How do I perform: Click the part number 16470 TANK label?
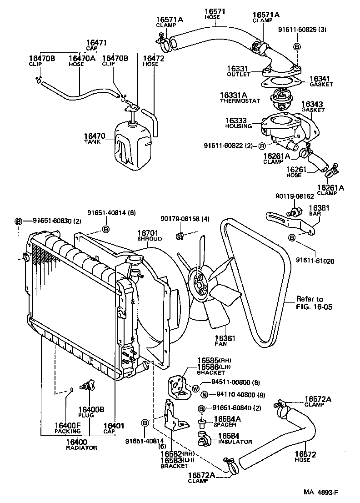point(94,138)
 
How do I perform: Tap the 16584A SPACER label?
point(227,421)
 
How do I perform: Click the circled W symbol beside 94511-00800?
point(195,388)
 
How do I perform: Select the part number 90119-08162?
point(294,197)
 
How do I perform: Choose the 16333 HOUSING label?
point(242,123)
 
